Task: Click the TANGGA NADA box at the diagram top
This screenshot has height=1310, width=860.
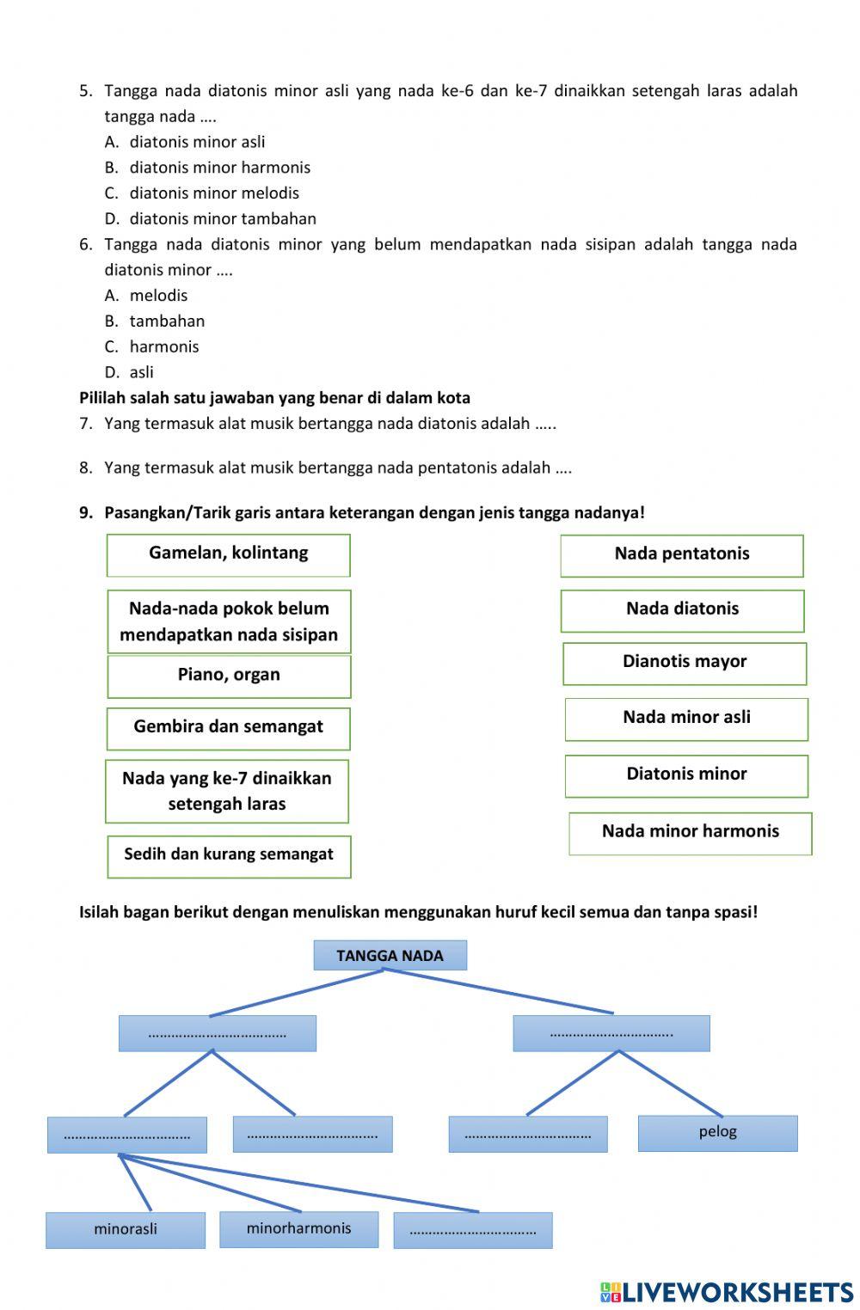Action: pos(390,955)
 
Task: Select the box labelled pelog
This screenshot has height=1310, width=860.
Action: pos(717,1133)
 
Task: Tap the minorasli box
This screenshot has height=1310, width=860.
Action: pos(126,1229)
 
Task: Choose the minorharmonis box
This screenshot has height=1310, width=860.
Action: pos(298,1228)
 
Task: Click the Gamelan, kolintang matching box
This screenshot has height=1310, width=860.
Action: pos(228,554)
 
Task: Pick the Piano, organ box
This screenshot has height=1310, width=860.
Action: pos(229,676)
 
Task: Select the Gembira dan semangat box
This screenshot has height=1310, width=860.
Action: pos(228,728)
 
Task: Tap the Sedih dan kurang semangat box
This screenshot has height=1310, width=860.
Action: pos(229,856)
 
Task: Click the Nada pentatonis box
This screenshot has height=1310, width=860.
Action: pos(681,555)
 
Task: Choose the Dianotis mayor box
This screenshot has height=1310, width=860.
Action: pos(685,663)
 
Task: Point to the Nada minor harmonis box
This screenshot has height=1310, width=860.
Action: pos(690,833)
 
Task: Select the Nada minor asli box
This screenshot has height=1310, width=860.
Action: pos(686,719)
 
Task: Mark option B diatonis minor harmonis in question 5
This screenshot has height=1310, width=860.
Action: pos(219,168)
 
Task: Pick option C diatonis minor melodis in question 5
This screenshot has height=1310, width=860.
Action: pos(214,193)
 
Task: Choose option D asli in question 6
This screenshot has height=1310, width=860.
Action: pos(141,372)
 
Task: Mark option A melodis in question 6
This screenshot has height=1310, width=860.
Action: pos(158,296)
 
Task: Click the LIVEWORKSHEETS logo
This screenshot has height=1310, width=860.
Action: pos(727,1292)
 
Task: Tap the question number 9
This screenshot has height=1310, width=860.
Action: pos(85,513)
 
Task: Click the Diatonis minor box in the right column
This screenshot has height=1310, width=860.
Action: pos(686,775)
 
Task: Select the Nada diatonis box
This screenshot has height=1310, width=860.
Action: pos(682,610)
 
